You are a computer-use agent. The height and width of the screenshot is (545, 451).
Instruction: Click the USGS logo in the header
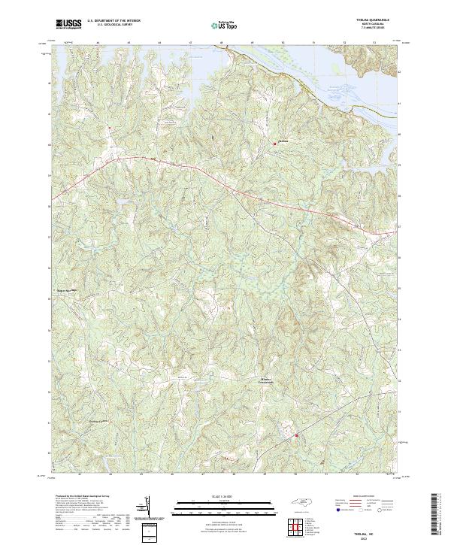pyautogui.click(x=69, y=24)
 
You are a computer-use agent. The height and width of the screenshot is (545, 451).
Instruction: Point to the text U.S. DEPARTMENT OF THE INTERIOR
pyautogui.click(x=110, y=22)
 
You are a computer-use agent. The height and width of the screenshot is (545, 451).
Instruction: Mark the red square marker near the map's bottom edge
pyautogui.click(x=296, y=434)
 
